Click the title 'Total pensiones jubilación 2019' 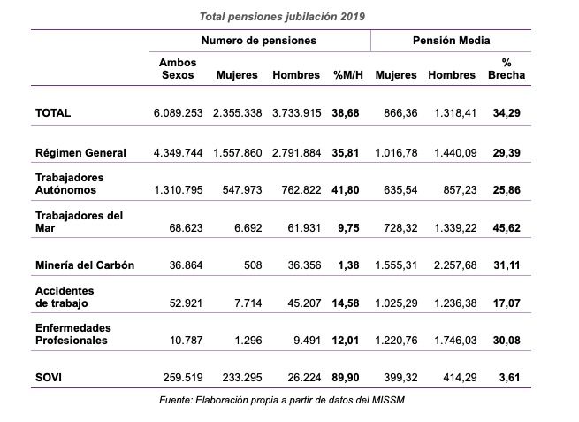click(x=282, y=17)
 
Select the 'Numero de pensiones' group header click(x=255, y=41)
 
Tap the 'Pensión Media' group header click(x=452, y=41)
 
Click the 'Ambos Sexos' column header click(x=178, y=69)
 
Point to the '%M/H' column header click(x=347, y=75)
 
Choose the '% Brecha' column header click(x=507, y=69)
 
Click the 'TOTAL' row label click(x=52, y=113)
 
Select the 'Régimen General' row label click(x=80, y=152)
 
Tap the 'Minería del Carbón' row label click(x=85, y=265)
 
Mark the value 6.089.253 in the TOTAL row click(x=179, y=113)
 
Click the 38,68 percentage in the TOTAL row click(x=347, y=113)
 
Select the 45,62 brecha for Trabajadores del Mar click(x=507, y=227)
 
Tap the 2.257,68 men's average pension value click(x=453, y=265)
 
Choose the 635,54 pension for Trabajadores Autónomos click(x=396, y=189)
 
